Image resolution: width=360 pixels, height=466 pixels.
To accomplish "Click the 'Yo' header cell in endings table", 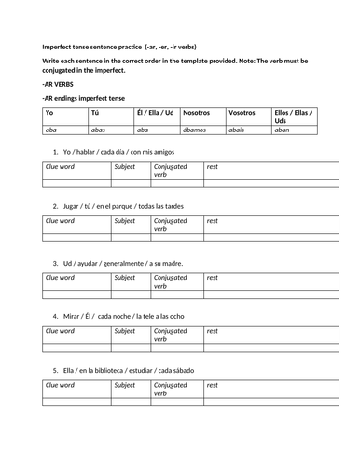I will [x=49, y=112].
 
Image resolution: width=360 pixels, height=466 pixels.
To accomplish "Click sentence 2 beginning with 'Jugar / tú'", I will [x=123, y=206].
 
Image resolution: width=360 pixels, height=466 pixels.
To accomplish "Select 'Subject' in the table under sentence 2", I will [x=124, y=221].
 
